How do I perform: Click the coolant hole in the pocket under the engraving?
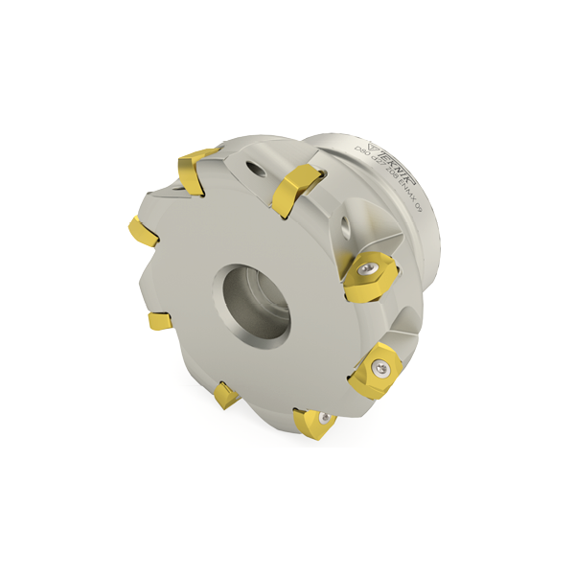(x=346, y=226)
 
